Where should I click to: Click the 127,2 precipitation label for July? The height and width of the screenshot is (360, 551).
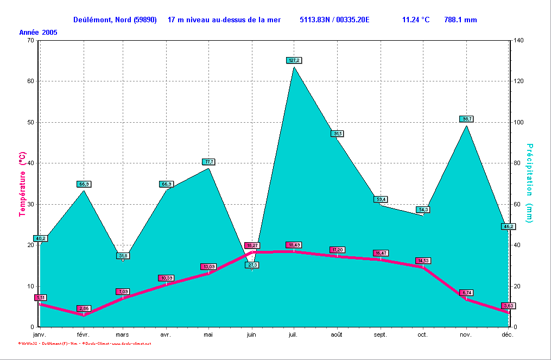tap(294, 60)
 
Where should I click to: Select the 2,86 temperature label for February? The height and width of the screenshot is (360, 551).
tap(84, 308)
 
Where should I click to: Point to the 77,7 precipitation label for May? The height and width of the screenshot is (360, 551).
tap(209, 162)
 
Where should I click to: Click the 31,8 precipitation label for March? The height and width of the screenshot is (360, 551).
tap(123, 256)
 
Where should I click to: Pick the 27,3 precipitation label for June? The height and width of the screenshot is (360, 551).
tap(252, 265)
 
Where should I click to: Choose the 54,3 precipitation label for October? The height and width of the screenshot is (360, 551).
tap(423, 210)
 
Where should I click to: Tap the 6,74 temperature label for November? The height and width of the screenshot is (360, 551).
tap(466, 293)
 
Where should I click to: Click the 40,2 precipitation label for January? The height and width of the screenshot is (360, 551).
tap(40, 238)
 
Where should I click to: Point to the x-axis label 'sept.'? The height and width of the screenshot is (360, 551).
tap(380, 335)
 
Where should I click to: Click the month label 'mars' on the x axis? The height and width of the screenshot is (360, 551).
tap(123, 335)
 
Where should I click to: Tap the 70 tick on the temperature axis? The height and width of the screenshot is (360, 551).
tap(30, 41)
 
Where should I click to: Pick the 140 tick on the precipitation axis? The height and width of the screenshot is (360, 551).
tap(520, 41)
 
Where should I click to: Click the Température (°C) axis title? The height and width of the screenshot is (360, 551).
tap(22, 184)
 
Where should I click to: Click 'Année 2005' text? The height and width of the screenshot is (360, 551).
tap(38, 33)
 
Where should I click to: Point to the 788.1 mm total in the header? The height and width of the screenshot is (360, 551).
tap(460, 20)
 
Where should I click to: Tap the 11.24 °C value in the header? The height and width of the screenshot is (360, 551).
tap(416, 20)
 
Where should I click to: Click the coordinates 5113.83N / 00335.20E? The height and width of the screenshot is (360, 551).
tap(334, 20)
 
